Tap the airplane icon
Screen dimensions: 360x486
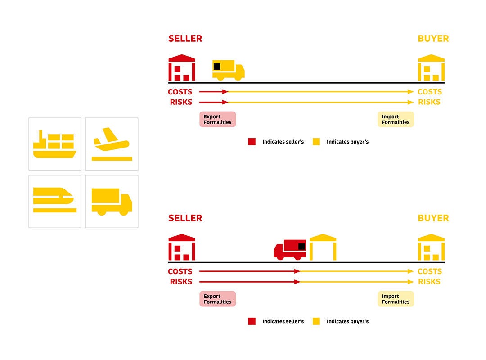[112, 144]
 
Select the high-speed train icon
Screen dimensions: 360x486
[55, 201]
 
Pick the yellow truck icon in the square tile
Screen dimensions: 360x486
[112, 201]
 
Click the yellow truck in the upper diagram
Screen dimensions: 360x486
[228, 70]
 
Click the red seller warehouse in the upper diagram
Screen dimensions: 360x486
[182, 68]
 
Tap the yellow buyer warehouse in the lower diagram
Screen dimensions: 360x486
[431, 247]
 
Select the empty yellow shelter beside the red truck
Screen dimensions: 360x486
[323, 247]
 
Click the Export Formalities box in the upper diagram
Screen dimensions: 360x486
[217, 119]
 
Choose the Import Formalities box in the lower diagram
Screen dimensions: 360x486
[396, 299]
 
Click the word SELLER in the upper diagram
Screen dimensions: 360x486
[185, 39]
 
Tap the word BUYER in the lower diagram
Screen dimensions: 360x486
[433, 218]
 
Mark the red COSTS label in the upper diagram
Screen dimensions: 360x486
[180, 92]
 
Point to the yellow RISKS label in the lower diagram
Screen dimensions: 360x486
[429, 282]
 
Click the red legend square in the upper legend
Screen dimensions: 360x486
[252, 142]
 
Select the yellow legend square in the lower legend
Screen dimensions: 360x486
[316, 321]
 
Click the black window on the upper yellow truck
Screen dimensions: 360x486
[217, 66]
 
